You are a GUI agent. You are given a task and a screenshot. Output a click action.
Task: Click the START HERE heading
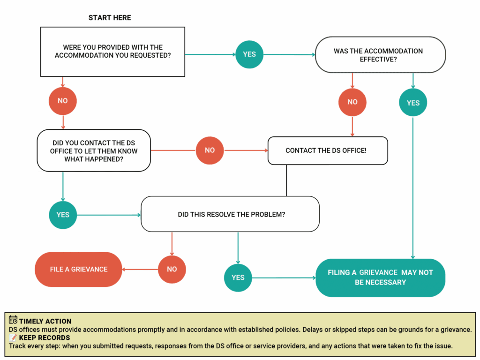tap(110, 18)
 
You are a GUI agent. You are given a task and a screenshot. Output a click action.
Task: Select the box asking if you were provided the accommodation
tap(112, 52)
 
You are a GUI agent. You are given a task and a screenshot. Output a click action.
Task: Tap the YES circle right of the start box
tap(249, 54)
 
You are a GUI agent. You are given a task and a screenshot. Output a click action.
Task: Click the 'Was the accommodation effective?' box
tap(380, 55)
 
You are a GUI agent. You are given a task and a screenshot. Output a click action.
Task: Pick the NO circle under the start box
tap(62, 101)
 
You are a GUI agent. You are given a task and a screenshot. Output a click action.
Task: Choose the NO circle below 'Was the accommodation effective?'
tap(352, 102)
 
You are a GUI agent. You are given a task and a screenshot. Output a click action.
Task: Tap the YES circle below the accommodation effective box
tap(412, 103)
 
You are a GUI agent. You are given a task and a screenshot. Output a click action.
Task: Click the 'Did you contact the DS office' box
tap(94, 150)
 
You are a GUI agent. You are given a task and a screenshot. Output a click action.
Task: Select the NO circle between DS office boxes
tap(210, 150)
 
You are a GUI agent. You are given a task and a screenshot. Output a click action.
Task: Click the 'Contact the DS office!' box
tap(328, 150)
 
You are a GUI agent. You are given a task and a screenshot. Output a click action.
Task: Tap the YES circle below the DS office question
tap(63, 215)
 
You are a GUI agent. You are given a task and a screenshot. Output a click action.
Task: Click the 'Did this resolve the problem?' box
tap(230, 214)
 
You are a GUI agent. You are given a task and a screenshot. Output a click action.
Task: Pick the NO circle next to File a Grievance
tap(172, 270)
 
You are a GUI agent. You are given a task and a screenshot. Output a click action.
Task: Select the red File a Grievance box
tap(78, 270)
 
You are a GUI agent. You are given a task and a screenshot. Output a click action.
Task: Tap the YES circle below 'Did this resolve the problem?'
tap(238, 277)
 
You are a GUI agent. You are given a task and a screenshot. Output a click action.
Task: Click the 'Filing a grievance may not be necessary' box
tap(380, 277)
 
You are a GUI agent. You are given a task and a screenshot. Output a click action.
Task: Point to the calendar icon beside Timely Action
tap(13, 321)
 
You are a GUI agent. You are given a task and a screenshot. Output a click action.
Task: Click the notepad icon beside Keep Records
tap(13, 337)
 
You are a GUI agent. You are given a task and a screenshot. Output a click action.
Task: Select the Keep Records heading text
tap(45, 337)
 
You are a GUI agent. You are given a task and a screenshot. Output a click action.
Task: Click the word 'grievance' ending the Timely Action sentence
tap(455, 330)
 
